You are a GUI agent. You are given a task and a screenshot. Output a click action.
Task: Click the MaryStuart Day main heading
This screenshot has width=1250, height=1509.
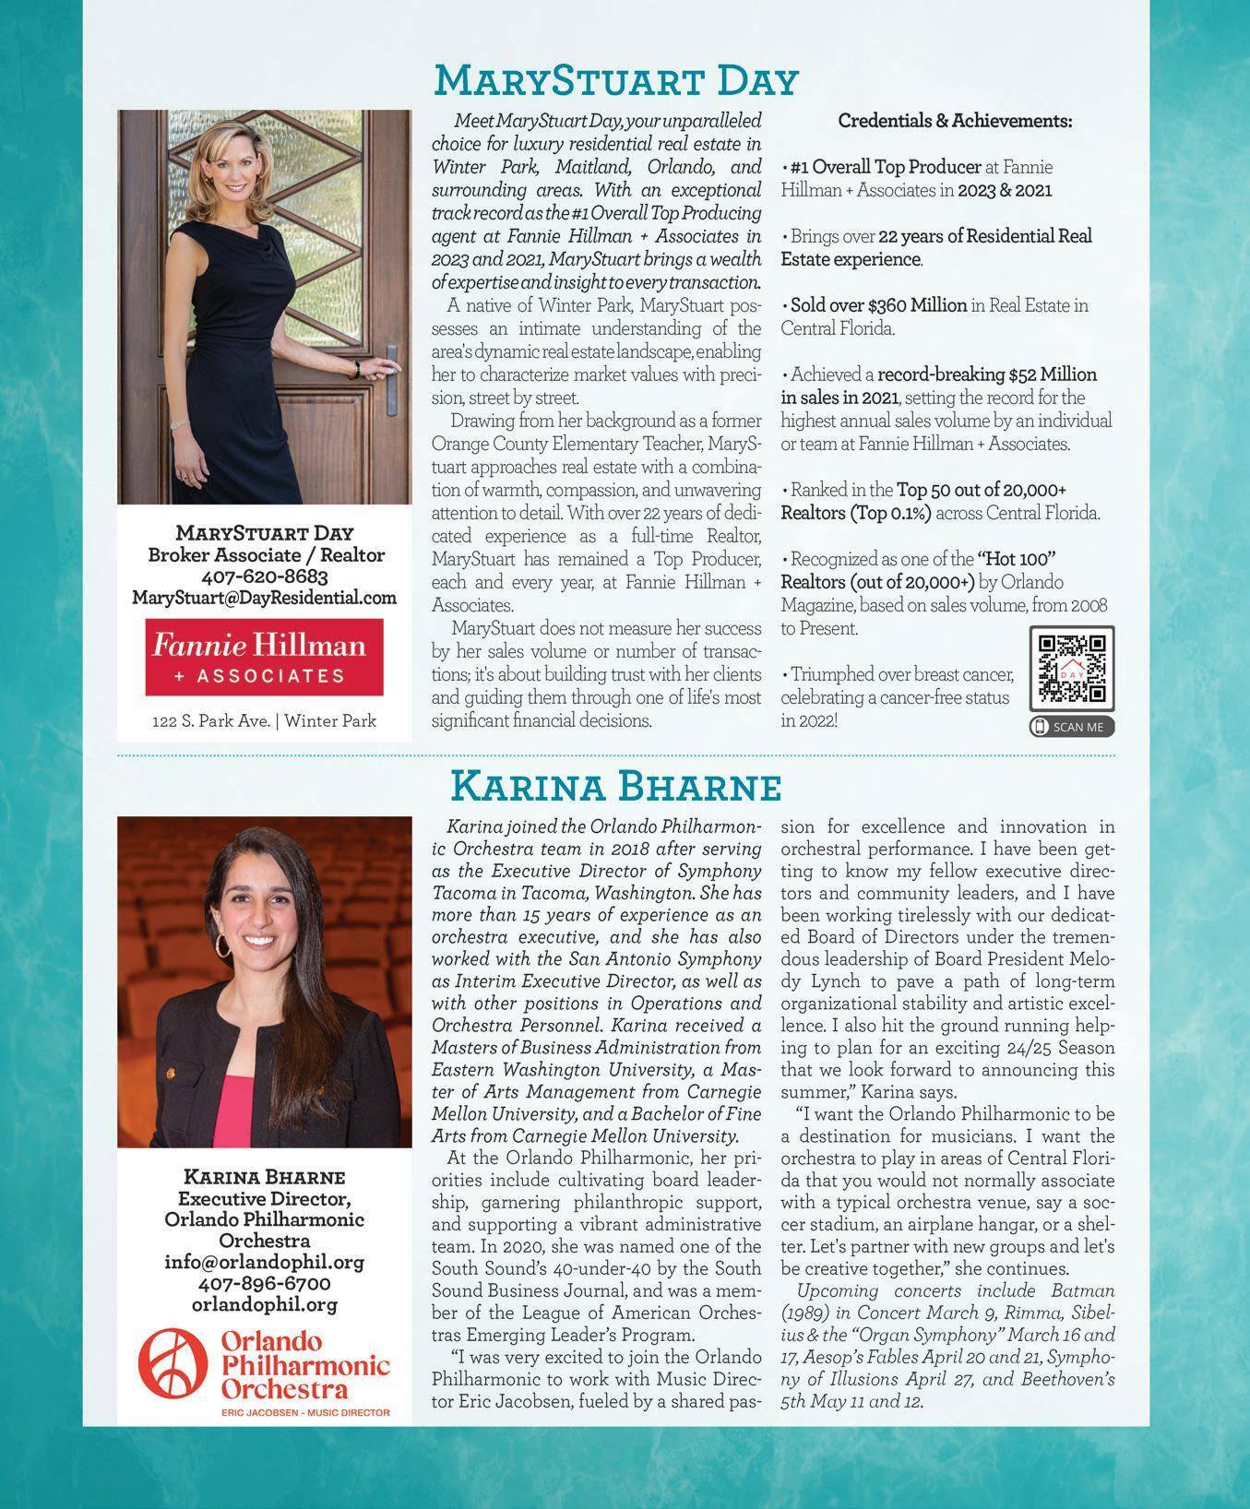[615, 81]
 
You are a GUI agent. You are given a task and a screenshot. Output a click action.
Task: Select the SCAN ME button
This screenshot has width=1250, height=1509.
[1071, 727]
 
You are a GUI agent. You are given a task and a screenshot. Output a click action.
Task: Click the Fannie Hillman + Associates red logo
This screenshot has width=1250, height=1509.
[264, 657]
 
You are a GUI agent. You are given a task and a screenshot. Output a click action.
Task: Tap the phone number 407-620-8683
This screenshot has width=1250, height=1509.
[264, 576]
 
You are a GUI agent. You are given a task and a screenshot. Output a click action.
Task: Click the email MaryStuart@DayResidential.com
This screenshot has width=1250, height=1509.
[264, 598]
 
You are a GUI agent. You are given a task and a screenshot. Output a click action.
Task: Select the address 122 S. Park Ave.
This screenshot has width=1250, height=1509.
[211, 721]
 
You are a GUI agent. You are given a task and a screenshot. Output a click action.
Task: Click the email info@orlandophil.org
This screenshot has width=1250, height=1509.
[264, 1261]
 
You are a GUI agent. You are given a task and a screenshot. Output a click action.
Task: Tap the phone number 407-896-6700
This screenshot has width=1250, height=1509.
[264, 1283]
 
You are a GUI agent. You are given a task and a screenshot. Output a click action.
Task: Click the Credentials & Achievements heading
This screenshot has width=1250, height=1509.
[954, 121]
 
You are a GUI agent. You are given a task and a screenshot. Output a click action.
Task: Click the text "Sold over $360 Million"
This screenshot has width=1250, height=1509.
[878, 305]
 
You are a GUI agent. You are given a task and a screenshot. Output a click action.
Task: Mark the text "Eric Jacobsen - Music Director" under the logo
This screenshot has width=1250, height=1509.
[305, 1412]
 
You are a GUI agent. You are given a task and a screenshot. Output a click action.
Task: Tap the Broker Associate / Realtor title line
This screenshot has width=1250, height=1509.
[266, 555]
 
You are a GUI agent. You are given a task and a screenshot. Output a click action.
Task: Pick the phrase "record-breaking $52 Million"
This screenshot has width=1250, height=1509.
[986, 374]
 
